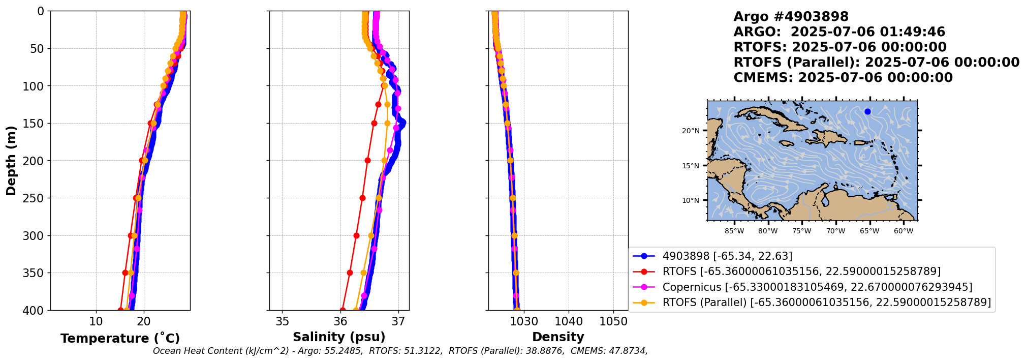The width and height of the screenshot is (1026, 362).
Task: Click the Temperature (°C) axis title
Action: (x=120, y=339)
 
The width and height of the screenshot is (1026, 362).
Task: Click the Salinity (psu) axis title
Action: (x=339, y=337)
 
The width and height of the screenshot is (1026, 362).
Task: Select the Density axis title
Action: (x=558, y=337)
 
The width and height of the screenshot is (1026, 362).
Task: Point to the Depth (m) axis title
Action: (x=11, y=161)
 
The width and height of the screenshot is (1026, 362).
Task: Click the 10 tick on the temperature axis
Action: (x=96, y=321)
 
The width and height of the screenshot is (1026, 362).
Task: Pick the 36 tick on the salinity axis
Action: (x=340, y=321)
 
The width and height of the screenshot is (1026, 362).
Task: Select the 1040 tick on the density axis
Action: (x=569, y=321)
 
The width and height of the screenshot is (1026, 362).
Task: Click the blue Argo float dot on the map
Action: (x=867, y=112)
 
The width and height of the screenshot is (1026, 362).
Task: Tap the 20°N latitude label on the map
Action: (x=691, y=131)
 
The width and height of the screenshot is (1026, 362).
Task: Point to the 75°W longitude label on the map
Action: (x=802, y=231)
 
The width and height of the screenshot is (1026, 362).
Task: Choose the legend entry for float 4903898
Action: (x=727, y=256)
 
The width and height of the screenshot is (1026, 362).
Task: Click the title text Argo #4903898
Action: (x=791, y=17)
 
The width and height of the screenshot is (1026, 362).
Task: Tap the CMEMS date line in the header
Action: (x=843, y=78)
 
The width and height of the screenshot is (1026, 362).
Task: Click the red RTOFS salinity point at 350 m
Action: (x=350, y=273)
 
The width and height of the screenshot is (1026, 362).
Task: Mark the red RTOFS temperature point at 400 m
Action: (x=121, y=310)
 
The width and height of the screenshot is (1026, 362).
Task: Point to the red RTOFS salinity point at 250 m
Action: (x=362, y=198)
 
